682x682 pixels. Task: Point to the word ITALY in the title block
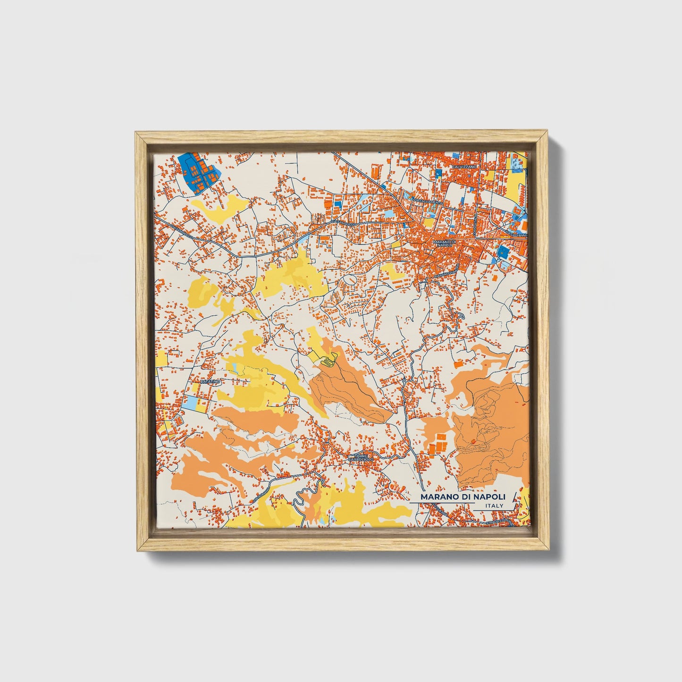pyautogui.click(x=494, y=506)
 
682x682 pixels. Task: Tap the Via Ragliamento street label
pyautogui.click(x=428, y=202)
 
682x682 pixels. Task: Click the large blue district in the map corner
pyautogui.click(x=196, y=172)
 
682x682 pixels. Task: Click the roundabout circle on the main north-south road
pyautogui.click(x=404, y=381)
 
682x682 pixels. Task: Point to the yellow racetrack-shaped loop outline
pyautogui.click(x=328, y=360)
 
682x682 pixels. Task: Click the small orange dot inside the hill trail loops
pyautogui.click(x=473, y=441)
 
